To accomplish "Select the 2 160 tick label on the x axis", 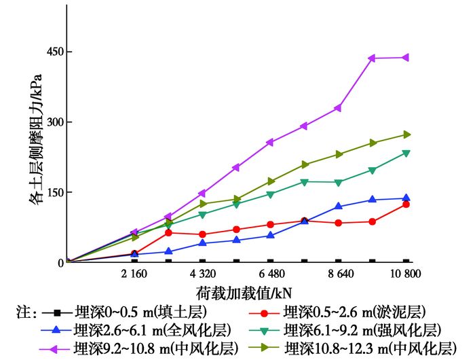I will click(134, 274).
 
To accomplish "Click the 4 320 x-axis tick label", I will click(202, 274).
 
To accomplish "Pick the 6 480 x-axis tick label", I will click(271, 274).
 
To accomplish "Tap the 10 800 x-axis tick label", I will click(404, 274).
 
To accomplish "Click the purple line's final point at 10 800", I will click(406, 58).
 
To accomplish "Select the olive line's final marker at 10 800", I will click(406, 134).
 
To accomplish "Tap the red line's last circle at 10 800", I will click(406, 204).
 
